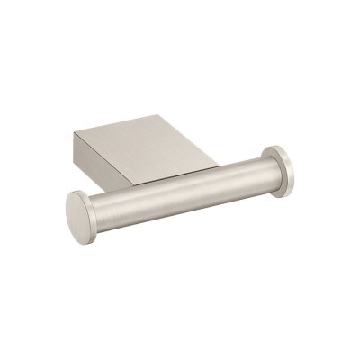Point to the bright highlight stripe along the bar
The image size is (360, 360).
(180, 180)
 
